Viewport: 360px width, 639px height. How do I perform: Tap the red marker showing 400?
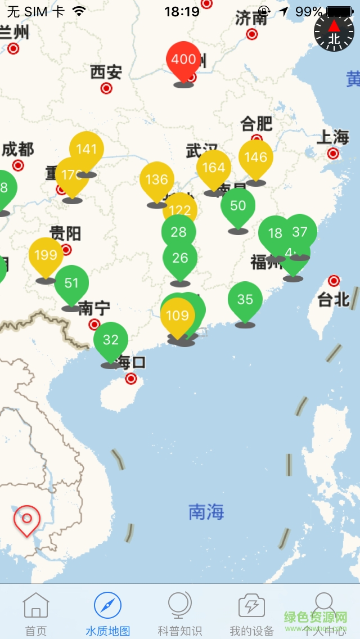tap(183, 60)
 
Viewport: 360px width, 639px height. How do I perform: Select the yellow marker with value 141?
tap(87, 150)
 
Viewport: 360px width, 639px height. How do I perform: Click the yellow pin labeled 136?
tap(156, 180)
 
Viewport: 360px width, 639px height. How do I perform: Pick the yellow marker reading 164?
tap(213, 168)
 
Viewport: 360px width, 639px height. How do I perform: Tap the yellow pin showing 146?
tap(255, 157)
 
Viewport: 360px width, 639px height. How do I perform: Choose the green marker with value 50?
tap(238, 206)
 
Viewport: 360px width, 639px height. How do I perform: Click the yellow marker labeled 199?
tap(46, 255)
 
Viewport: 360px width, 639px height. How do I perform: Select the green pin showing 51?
tap(71, 283)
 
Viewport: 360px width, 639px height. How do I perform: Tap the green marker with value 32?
tap(111, 340)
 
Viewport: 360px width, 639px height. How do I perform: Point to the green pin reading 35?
tap(245, 299)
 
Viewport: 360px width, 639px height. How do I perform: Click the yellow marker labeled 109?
tap(178, 316)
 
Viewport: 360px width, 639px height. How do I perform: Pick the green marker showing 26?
tap(180, 258)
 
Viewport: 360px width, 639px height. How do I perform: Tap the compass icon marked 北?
tap(334, 33)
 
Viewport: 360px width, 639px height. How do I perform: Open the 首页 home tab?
tap(36, 614)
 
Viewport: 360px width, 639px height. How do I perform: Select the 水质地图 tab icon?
tap(107, 606)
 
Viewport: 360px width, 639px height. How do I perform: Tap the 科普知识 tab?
tap(180, 614)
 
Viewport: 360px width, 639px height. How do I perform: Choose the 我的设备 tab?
tap(251, 614)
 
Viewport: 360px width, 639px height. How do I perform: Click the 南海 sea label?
tap(206, 512)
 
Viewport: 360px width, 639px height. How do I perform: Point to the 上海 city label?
tap(333, 137)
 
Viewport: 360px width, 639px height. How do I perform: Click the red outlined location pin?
tap(26, 519)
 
